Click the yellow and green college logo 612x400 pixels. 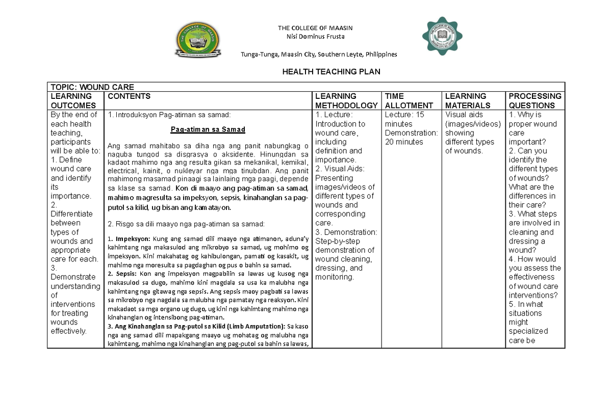tap(198, 42)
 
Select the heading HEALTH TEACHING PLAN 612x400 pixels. tap(331, 72)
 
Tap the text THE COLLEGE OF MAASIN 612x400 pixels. tap(315, 28)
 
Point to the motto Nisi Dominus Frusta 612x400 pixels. tap(314, 36)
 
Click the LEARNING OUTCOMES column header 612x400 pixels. tap(71, 100)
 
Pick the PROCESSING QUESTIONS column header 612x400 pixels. tap(534, 100)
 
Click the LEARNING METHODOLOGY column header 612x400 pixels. tap(346, 100)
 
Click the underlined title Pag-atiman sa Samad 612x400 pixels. tap(208, 129)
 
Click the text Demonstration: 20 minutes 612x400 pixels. tap(412, 138)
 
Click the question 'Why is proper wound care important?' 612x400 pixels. tap(533, 128)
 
